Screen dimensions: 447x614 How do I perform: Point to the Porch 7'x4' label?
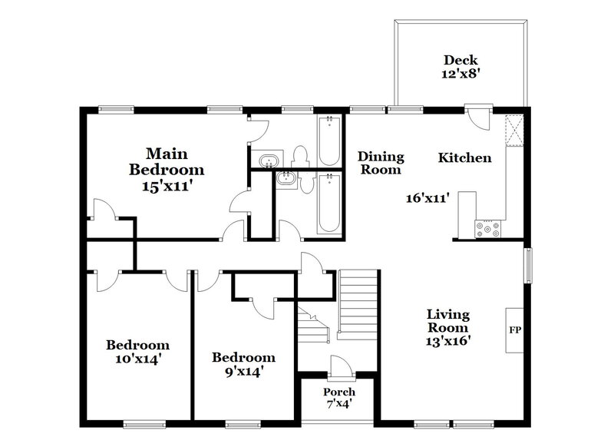[338, 398]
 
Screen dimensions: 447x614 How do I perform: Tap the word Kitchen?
[464, 158]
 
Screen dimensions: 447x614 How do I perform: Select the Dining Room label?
[381, 163]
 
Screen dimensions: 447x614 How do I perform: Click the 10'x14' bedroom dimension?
[137, 358]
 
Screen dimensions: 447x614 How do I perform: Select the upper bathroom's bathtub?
[329, 141]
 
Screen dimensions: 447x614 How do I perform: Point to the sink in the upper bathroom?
[269, 161]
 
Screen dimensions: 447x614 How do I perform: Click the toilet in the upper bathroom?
[302, 155]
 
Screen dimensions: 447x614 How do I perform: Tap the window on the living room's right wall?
[527, 265]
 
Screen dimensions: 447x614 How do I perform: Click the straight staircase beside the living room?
[359, 304]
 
